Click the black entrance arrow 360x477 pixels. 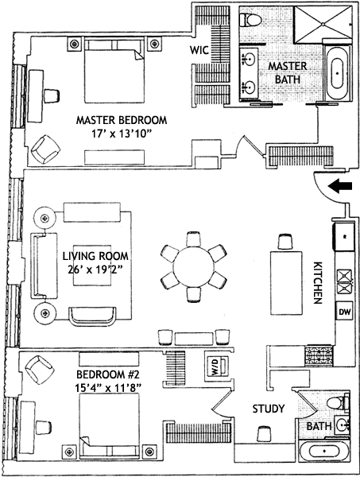(340, 186)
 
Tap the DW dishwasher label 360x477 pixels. (344, 312)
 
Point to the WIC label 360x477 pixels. (199, 50)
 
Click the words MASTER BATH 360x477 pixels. (288, 72)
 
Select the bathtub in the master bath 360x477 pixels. (337, 74)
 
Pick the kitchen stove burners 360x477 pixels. (319, 355)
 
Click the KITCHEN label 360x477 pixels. (317, 282)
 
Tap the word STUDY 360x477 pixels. (269, 409)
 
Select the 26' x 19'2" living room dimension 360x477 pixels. (95, 270)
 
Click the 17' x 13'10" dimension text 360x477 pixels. (122, 134)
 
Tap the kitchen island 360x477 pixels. (286, 283)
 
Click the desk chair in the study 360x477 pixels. (263, 433)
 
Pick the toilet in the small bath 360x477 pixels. (339, 401)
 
